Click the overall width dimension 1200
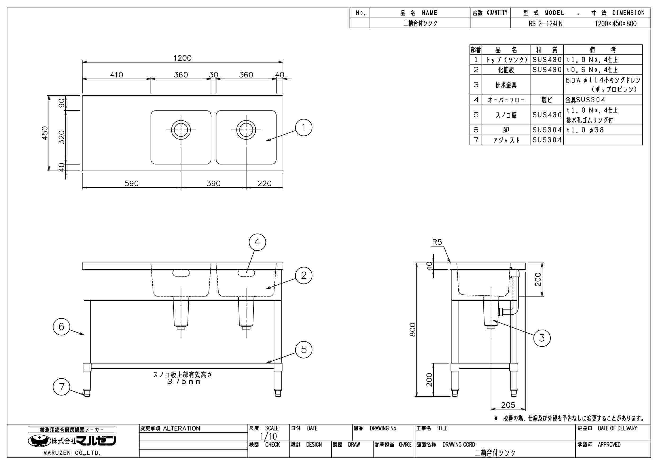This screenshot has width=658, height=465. coord(182,58)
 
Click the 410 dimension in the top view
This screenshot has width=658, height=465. coord(116,75)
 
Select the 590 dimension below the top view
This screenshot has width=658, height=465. coord(132,183)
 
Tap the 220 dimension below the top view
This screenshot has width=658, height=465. coord(264,183)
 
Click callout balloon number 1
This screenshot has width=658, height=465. coord(304,127)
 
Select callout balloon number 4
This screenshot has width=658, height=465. coord(257,242)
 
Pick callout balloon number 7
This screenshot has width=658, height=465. coord(62,387)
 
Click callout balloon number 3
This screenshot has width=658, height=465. coord(542,338)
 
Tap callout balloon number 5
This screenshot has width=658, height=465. coord(304,349)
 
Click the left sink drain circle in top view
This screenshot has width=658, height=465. coord(181,130)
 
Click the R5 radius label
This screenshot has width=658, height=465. coord(437,242)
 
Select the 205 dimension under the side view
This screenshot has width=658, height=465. coord(508,405)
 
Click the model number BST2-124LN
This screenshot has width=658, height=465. coord(545,24)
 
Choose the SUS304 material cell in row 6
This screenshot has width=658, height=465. coord(547,130)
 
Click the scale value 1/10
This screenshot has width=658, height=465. coord(268,436)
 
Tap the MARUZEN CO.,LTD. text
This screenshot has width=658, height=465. coord(72,453)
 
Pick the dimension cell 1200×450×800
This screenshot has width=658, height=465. coord(615,24)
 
